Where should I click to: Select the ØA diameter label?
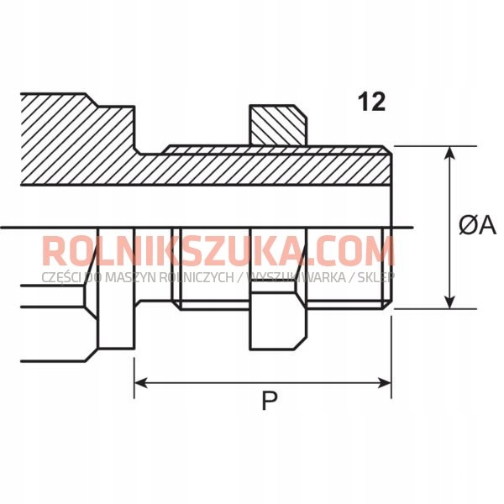click(477, 225)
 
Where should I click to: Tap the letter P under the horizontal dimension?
click(269, 402)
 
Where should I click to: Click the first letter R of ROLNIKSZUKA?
click(53, 251)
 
